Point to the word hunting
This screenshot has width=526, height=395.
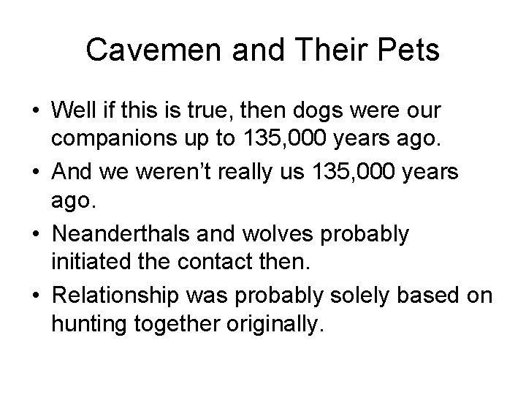[83, 323]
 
